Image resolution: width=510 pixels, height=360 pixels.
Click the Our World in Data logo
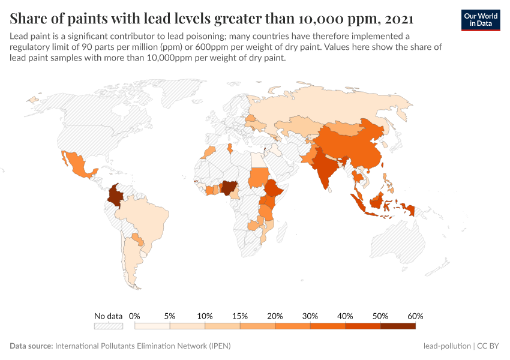tap(480, 20)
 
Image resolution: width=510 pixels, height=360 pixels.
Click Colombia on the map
tap(115, 196)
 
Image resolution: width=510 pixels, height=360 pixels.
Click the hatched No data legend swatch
tap(109, 326)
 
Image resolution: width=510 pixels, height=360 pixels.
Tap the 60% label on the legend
tap(415, 316)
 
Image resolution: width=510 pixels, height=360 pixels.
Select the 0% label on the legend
tap(135, 316)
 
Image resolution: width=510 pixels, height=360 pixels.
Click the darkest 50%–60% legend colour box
tap(398, 326)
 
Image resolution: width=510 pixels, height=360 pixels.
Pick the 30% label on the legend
tap(310, 316)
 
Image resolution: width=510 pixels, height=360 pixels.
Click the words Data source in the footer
tap(31, 346)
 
